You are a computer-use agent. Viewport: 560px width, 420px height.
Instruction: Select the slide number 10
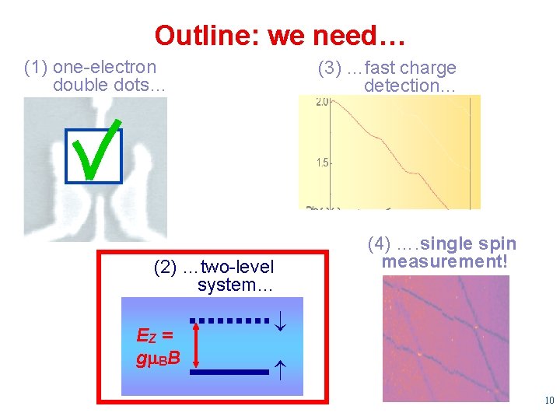click(549, 401)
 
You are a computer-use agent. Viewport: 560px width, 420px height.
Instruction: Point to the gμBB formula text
click(159, 359)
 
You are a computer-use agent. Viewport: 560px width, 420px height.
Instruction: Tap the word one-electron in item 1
click(104, 68)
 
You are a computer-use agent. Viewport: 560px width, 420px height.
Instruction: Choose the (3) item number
click(331, 68)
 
